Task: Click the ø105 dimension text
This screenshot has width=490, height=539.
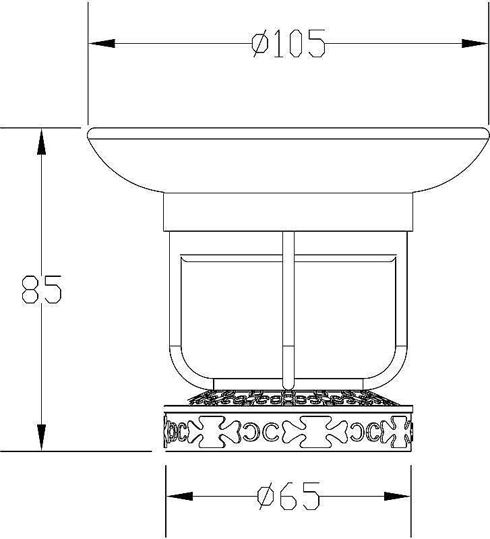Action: [x=288, y=44]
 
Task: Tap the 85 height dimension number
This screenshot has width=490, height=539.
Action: [x=42, y=289]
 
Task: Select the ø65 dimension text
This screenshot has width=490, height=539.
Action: [x=288, y=496]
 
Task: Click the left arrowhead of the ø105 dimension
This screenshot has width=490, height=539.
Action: [x=102, y=44]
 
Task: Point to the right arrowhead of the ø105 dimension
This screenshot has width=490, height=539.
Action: [x=474, y=44]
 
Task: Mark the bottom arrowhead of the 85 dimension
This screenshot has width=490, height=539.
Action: [x=41, y=437]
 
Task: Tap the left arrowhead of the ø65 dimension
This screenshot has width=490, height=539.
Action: [x=179, y=496]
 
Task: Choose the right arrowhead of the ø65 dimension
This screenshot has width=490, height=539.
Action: [x=397, y=496]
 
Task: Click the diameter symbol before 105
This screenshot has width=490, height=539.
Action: [x=260, y=44]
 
